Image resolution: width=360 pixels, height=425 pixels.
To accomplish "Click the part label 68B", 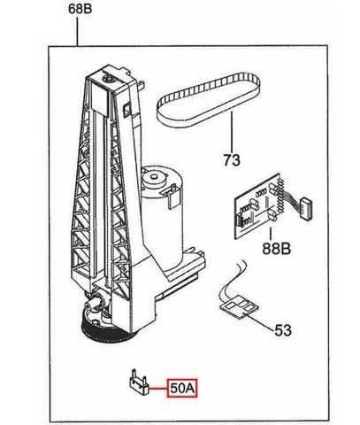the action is point(80,9).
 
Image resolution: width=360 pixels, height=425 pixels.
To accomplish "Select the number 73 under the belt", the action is point(232,160).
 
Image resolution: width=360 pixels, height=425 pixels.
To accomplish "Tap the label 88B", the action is point(277,248).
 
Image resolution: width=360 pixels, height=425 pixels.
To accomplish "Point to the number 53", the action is point(283,330).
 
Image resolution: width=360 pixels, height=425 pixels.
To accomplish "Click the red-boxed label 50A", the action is point(182,388).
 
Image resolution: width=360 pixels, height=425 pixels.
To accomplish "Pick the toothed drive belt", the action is point(209,99).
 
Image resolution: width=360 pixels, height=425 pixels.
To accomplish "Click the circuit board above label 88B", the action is point(259,206).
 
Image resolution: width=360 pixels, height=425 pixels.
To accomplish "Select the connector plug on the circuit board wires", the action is point(306,208).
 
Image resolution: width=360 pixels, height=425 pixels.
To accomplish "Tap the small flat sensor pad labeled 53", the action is point(240,309).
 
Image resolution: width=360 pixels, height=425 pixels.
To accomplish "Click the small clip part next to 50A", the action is point(139,382).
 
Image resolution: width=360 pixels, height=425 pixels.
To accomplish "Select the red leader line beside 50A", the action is point(157,388).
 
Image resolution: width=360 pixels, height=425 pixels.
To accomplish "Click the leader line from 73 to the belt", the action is point(232,132).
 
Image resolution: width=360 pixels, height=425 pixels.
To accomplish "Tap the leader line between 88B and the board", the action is point(271,235).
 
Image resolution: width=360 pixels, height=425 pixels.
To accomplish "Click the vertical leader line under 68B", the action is point(78,31).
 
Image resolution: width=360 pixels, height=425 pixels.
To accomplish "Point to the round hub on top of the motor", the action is point(154,178).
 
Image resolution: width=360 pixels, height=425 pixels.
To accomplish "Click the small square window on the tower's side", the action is point(127,109).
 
